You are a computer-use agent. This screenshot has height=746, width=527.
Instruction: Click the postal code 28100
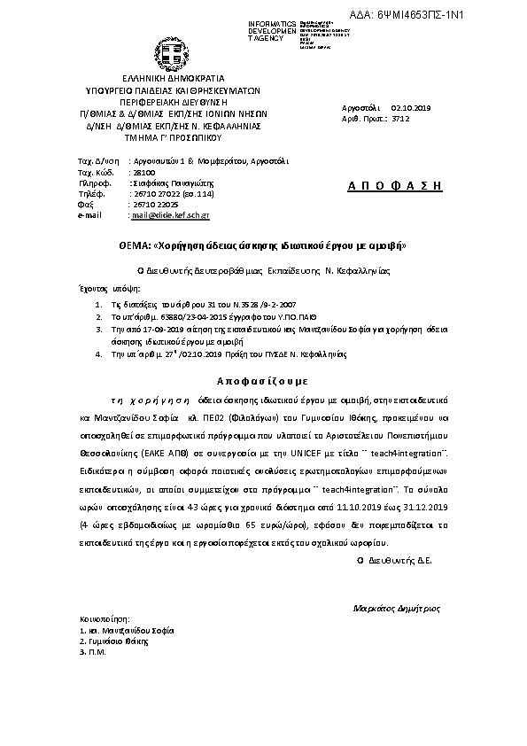143,173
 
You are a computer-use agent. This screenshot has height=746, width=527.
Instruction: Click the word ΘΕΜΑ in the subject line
134,243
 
